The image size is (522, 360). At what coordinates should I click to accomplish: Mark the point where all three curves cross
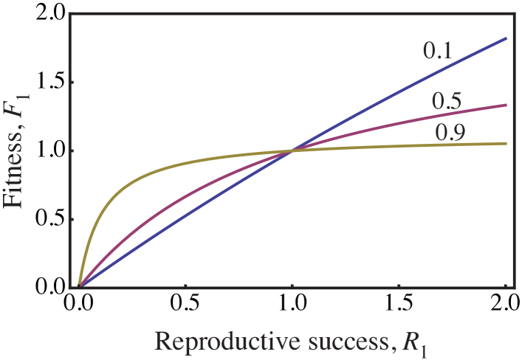click(x=293, y=150)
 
